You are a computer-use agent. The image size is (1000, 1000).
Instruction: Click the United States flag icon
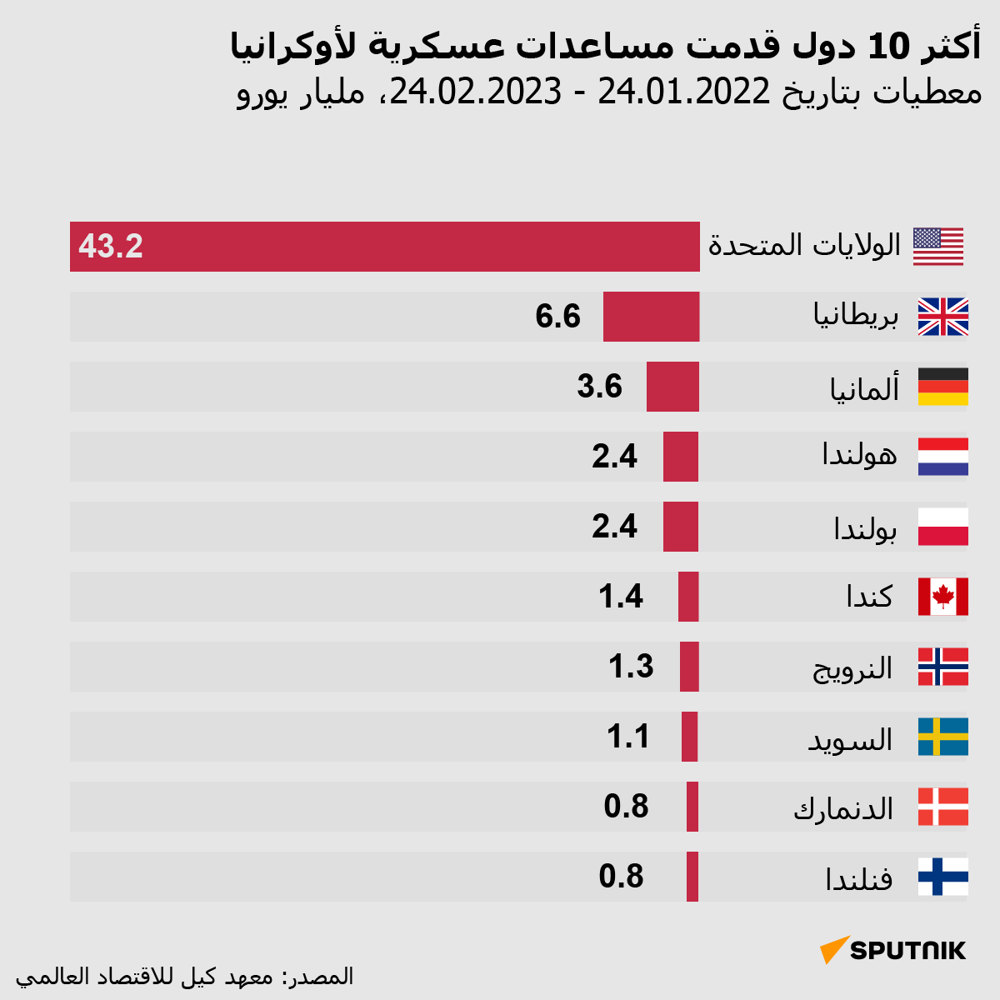pyautogui.click(x=937, y=247)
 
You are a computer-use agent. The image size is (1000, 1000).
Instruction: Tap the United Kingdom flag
pyautogui.click(x=942, y=317)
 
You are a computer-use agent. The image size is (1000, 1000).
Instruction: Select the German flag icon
pyautogui.click(x=942, y=387)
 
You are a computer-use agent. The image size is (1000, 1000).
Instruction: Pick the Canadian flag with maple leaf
pyautogui.click(x=942, y=597)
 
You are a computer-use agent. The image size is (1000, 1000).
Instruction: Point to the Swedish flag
pyautogui.click(x=942, y=737)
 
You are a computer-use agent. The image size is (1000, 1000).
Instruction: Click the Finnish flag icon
pyautogui.click(x=942, y=877)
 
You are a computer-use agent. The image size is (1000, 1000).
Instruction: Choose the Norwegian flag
pyautogui.click(x=942, y=667)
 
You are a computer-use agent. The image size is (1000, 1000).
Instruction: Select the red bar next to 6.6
pyautogui.click(x=651, y=317)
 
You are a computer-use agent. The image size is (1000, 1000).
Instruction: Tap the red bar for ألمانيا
pyautogui.click(x=672, y=387)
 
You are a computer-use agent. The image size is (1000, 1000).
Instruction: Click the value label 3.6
pyautogui.click(x=600, y=387)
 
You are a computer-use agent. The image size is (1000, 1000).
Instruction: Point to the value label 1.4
pyautogui.click(x=621, y=597)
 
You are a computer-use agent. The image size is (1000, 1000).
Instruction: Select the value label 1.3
pyautogui.click(x=631, y=667)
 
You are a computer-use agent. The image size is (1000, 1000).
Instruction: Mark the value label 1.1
pyautogui.click(x=628, y=737)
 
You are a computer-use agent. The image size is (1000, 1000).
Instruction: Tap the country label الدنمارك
pyautogui.click(x=843, y=808)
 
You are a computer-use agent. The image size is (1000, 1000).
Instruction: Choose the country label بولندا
pyautogui.click(x=865, y=528)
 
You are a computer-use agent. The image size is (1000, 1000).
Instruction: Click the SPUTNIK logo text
pyautogui.click(x=907, y=950)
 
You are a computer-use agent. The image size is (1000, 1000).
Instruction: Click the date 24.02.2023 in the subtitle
pyautogui.click(x=476, y=92)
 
